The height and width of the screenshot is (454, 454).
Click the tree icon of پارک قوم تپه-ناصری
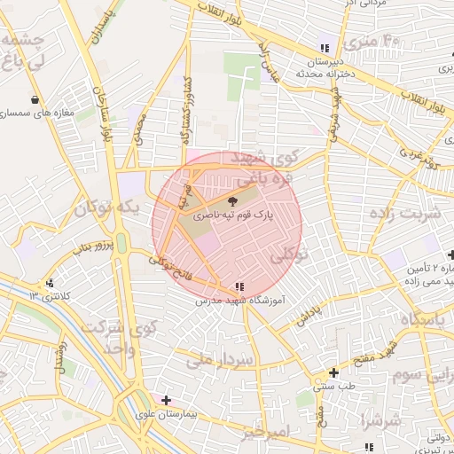[x=234, y=201]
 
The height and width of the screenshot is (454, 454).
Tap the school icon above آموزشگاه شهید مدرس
[x=239, y=286]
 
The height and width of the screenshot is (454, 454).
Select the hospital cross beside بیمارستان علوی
[x=166, y=400]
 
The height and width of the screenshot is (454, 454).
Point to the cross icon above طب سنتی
[x=333, y=373]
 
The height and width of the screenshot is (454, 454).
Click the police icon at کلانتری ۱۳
[x=49, y=283]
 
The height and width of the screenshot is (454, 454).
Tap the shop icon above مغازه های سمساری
[x=35, y=99]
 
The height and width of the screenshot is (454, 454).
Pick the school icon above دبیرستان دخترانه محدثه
[x=324, y=48]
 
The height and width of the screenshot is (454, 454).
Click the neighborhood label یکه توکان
[x=106, y=209]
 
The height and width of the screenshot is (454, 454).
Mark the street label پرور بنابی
[x=93, y=245]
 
